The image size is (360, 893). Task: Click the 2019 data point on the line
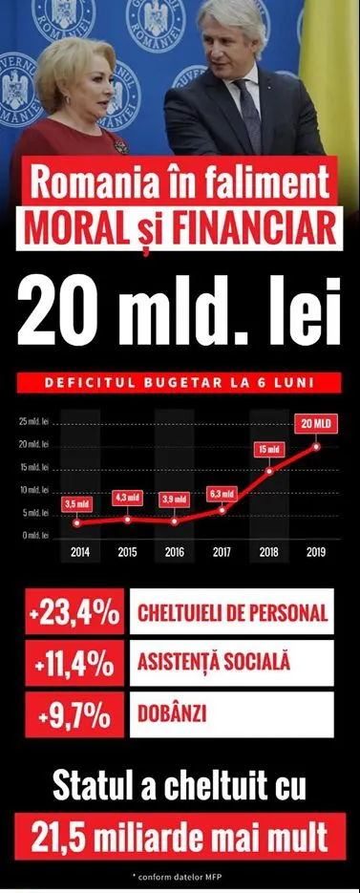[x=316, y=447]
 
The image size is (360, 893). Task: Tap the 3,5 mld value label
[x=77, y=504]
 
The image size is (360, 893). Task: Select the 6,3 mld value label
[x=222, y=494]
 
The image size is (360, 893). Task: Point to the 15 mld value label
[x=269, y=450]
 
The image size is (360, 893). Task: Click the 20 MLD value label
[x=315, y=424]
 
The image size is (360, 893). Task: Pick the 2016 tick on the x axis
[x=174, y=551]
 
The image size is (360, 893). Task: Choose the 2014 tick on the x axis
[x=79, y=551]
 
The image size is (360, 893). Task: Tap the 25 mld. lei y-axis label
[x=33, y=422]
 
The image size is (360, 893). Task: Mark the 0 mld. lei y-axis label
[x=35, y=536]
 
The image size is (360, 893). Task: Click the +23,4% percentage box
[x=74, y=611]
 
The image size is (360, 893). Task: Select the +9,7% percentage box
[x=74, y=714]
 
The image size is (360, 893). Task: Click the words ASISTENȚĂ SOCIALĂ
[x=214, y=663]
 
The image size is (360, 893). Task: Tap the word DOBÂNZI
[x=172, y=714]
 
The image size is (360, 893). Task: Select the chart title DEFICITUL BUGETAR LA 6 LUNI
[x=179, y=383]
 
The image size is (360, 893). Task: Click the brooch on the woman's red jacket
[x=120, y=146]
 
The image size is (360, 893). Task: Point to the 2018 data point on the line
[x=270, y=471]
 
